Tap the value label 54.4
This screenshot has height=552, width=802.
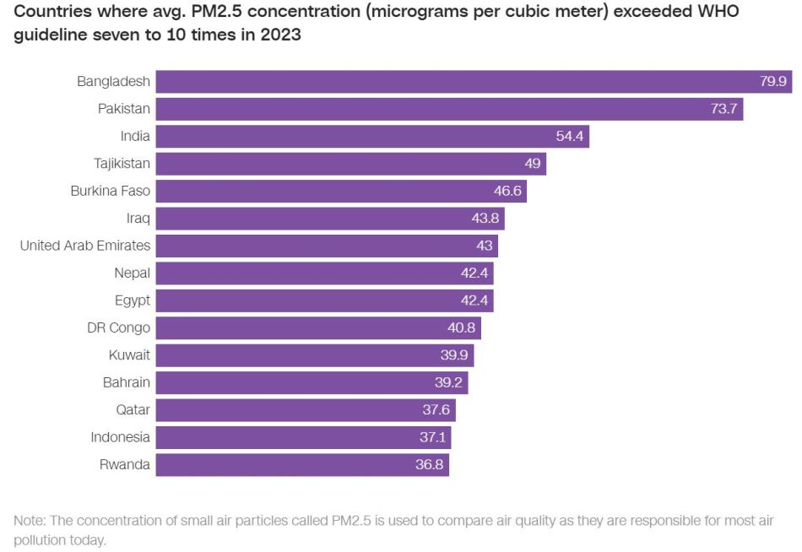568,137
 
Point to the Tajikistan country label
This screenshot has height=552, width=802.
122,164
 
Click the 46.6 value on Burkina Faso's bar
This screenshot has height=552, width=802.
508,192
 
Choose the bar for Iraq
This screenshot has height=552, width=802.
329,219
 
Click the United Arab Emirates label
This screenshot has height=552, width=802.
85,246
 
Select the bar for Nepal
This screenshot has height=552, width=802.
324,273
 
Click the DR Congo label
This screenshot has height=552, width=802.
118,327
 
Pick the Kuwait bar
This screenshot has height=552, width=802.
314,355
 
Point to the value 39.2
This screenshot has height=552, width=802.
449,382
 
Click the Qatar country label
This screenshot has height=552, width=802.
133,410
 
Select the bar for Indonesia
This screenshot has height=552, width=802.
303,437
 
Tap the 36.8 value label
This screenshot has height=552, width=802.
430,465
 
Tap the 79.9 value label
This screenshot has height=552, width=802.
772,82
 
